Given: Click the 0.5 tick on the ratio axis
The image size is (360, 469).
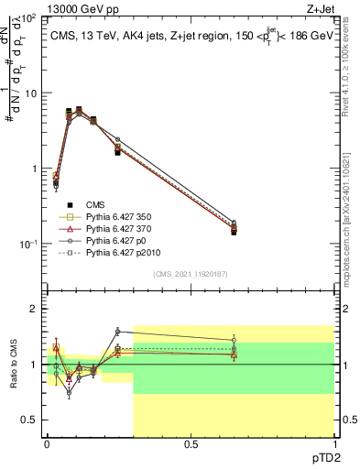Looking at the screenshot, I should (x=31, y=420).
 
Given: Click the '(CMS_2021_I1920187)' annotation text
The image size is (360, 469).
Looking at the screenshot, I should (x=190, y=273).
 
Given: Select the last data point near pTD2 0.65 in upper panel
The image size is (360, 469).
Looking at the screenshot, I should (x=234, y=232).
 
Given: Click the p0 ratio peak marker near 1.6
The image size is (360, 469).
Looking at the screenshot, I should (x=118, y=332).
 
